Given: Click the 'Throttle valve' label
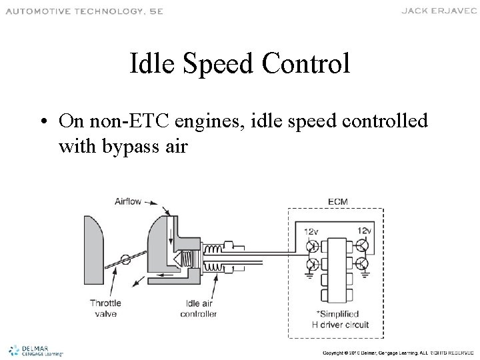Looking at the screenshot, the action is [x=105, y=308].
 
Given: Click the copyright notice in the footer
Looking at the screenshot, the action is [x=397, y=351].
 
